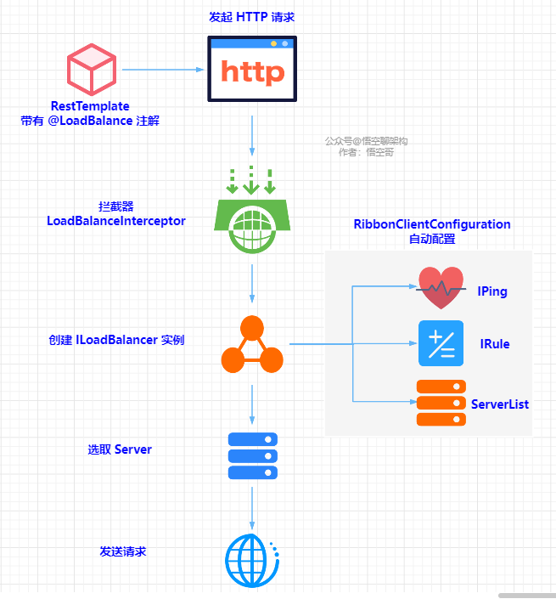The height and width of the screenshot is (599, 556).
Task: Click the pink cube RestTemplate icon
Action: click(90, 69)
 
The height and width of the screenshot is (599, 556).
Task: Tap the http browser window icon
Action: click(252, 69)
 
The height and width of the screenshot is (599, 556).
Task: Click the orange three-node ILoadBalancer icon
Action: click(252, 345)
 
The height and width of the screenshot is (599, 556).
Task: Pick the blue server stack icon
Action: click(253, 456)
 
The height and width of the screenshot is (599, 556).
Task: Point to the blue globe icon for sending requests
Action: click(252, 561)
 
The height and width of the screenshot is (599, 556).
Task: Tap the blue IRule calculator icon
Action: click(441, 343)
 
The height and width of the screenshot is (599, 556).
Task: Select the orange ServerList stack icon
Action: click(441, 403)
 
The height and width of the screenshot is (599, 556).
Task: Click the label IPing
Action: click(492, 291)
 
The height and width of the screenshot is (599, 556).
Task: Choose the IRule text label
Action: click(495, 344)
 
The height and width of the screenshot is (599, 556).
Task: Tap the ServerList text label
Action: click(500, 404)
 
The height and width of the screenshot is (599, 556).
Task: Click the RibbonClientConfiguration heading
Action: click(432, 224)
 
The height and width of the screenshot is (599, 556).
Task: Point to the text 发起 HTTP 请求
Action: click(251, 17)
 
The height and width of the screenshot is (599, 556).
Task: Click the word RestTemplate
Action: click(90, 106)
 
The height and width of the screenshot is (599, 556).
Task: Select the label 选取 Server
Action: click(120, 449)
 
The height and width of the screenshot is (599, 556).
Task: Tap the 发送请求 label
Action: click(123, 551)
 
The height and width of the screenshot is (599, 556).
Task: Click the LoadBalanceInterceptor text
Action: click(116, 221)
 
